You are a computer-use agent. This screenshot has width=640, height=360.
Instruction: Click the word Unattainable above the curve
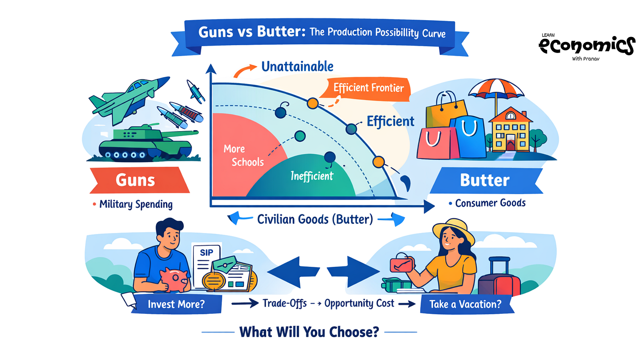297,67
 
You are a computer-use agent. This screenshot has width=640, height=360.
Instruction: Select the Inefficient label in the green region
312,176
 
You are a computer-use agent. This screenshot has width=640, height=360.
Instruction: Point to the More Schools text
244,155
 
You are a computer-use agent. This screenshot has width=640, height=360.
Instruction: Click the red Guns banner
139,180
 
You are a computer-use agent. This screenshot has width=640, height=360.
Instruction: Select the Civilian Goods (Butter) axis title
315,219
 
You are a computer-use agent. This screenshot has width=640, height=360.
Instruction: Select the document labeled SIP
206,265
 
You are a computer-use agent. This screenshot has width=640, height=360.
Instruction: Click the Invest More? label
176,304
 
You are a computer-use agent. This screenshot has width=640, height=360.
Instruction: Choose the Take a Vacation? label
465,304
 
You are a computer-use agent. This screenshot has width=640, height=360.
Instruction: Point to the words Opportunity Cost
359,303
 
